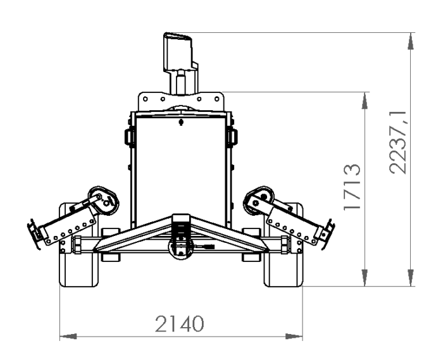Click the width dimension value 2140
tap(179, 323)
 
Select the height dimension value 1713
tap(352, 187)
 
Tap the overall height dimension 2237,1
tap(398, 142)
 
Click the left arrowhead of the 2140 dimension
tap(68, 337)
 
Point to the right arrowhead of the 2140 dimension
tap(294, 337)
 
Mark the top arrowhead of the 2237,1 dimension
tap(411, 41)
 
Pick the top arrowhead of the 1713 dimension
tap(365, 101)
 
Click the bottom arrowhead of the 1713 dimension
tap(365, 278)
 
